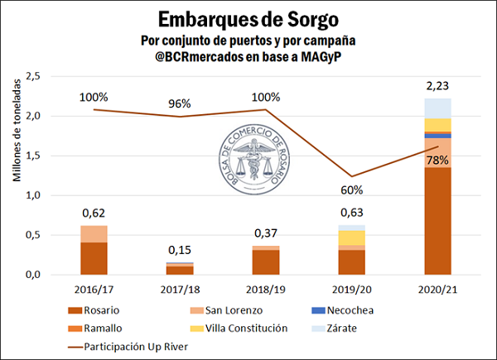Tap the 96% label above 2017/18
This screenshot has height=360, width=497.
[x=180, y=104]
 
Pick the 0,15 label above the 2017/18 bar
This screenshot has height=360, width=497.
[x=180, y=250]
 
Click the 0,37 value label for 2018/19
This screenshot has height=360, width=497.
[x=265, y=233]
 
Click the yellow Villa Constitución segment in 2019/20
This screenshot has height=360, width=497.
[x=351, y=238]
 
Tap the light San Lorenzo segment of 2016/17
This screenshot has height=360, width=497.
[x=94, y=233]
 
